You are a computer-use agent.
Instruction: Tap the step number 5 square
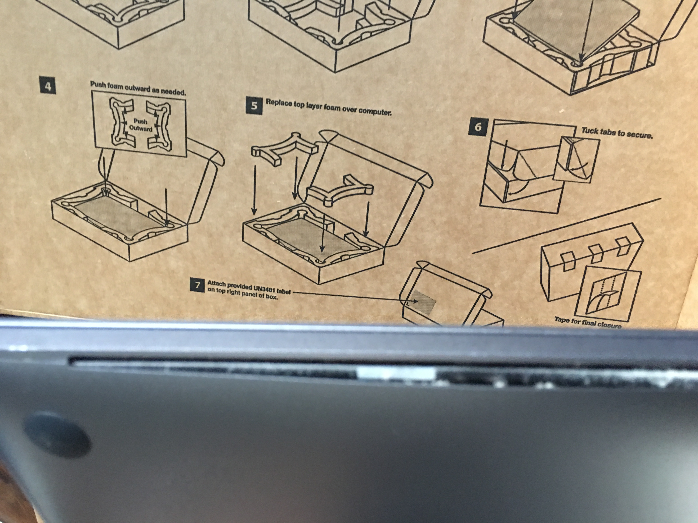coord(254,106)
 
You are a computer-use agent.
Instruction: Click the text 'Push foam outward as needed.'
coord(138,88)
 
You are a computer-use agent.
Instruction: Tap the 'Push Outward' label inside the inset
coord(140,125)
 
